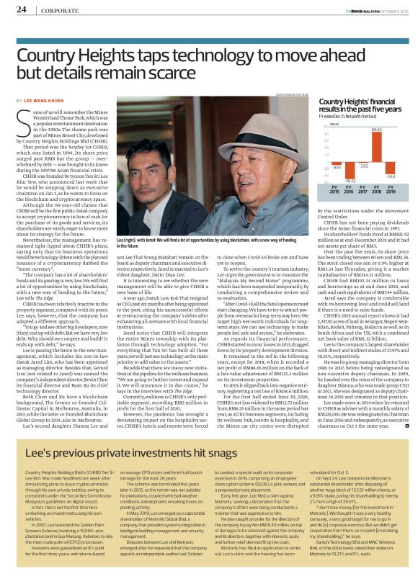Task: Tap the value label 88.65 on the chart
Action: click(x=376, y=129)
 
